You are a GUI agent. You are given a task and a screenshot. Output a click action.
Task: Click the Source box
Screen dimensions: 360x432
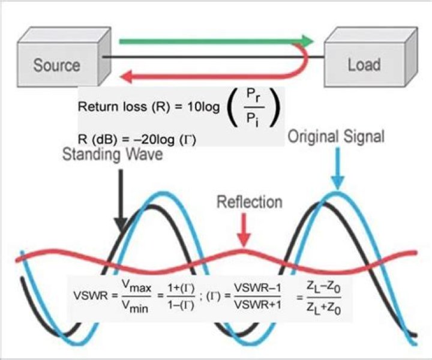click(56, 65)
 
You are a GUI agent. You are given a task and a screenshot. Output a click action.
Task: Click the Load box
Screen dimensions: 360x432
click(364, 65)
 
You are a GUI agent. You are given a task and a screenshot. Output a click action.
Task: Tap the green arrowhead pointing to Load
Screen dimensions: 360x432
click(307, 41)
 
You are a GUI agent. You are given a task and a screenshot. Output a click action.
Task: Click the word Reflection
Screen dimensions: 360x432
click(249, 202)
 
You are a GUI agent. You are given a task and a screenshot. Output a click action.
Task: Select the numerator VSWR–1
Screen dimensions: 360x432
click(256, 289)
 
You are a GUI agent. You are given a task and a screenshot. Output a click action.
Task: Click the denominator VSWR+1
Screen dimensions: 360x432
click(256, 304)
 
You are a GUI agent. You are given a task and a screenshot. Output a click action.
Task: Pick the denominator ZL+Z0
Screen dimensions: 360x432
click(328, 305)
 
